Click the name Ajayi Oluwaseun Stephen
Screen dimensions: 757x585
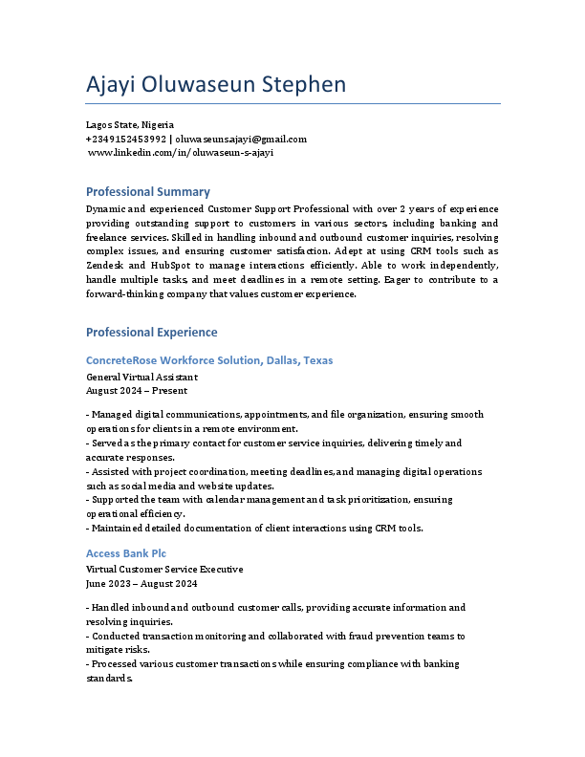216,85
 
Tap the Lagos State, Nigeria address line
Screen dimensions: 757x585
130,125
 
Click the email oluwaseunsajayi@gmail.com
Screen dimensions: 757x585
241,139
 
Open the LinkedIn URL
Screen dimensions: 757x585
181,152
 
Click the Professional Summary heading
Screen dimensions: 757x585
148,192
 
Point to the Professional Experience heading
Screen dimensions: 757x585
152,333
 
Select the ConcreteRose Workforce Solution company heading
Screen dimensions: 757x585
209,360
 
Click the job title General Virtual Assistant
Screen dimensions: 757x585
142,377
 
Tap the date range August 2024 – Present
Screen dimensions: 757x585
137,390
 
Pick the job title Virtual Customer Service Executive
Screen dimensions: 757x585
164,570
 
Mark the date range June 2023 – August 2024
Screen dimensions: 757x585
141,583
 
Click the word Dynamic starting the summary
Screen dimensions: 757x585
105,208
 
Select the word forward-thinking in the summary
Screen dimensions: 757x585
121,293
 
